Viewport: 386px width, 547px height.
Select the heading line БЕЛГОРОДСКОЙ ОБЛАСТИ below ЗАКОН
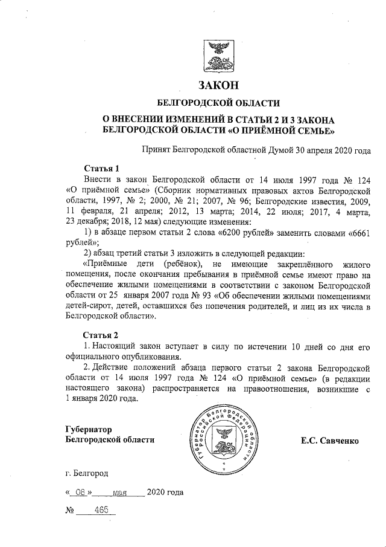coord(218,103)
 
